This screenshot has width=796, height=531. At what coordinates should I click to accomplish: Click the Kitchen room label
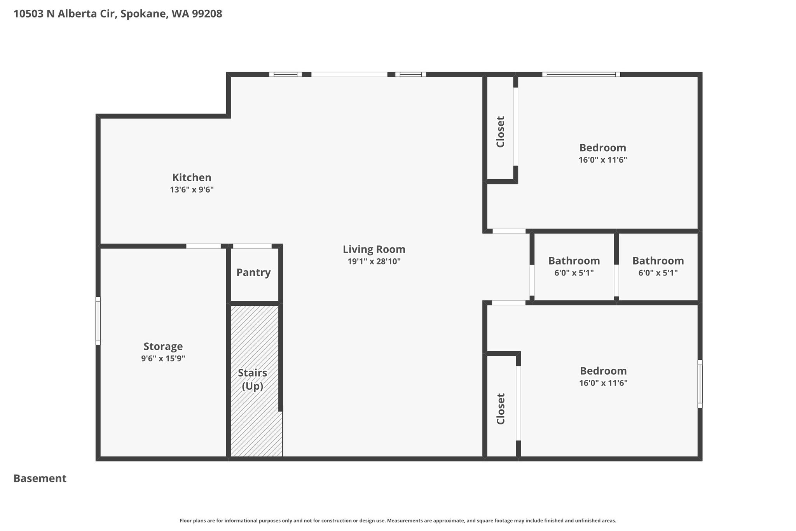(x=192, y=178)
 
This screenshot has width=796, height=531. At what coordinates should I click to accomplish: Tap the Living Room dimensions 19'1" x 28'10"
(x=374, y=261)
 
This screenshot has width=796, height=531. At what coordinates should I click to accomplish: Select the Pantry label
(x=253, y=273)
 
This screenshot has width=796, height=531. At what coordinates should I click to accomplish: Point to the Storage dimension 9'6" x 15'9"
(x=163, y=358)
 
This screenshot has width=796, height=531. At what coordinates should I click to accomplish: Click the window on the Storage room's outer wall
(x=98, y=321)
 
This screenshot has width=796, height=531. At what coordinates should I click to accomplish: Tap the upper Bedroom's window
(x=581, y=74)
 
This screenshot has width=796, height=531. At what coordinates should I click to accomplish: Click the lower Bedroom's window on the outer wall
(x=700, y=384)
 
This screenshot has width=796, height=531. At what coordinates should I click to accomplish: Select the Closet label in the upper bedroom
(x=500, y=132)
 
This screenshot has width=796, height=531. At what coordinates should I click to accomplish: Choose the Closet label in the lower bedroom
(x=501, y=409)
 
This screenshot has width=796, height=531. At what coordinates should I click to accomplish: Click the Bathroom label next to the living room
(x=574, y=261)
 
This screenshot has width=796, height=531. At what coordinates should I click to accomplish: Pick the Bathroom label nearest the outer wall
(x=658, y=261)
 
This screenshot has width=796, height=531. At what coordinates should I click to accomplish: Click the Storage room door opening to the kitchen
(x=203, y=246)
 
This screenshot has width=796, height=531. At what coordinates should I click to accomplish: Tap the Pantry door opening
(x=252, y=246)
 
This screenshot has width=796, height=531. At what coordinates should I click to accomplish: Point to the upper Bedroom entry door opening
(x=509, y=231)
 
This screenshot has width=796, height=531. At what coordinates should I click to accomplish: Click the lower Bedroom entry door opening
(x=509, y=303)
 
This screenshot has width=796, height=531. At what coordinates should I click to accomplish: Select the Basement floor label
(x=40, y=478)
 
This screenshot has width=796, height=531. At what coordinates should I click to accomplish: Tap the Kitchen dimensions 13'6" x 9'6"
(x=192, y=190)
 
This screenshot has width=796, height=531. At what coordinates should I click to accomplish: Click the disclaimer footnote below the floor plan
(x=398, y=520)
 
